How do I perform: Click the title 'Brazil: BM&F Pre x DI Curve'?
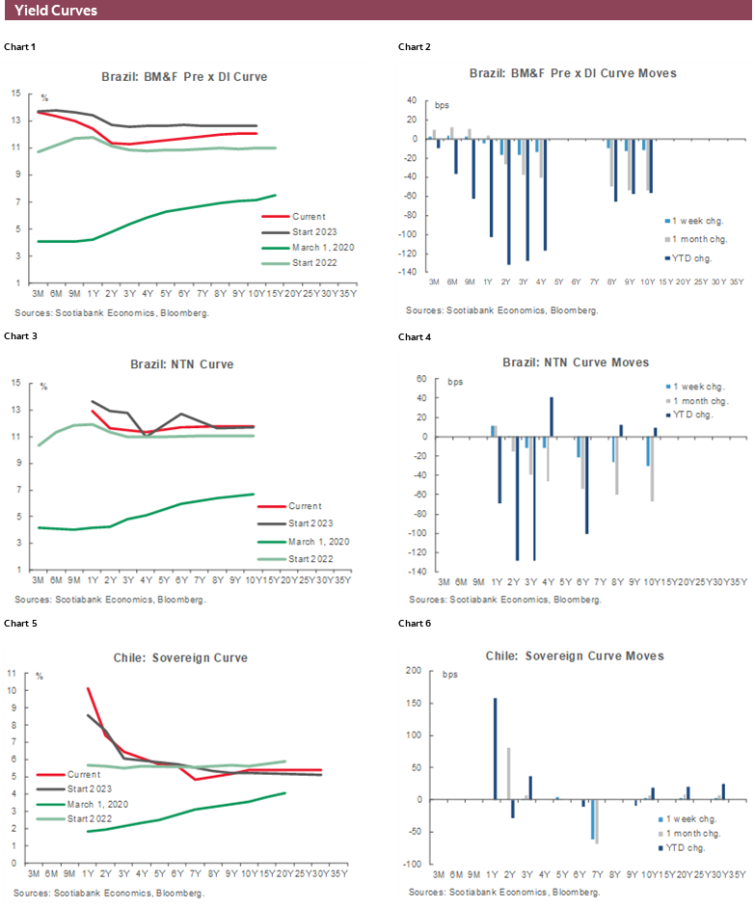coord(184,76)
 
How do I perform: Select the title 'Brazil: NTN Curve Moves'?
coord(576,362)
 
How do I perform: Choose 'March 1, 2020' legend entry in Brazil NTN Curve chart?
coord(314,542)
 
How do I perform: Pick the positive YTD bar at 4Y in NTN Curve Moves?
coord(552,416)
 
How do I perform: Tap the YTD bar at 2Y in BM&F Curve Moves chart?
coord(508,201)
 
